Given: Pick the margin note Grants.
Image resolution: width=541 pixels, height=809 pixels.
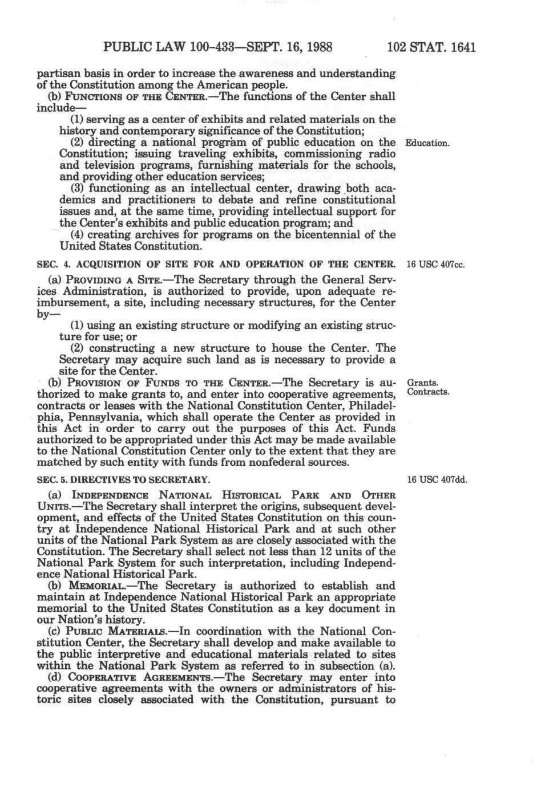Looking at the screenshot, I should [421, 383].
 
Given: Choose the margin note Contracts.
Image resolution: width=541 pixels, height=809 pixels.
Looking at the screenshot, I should [429, 393].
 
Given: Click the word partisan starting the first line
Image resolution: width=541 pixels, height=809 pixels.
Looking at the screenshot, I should [58, 74].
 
